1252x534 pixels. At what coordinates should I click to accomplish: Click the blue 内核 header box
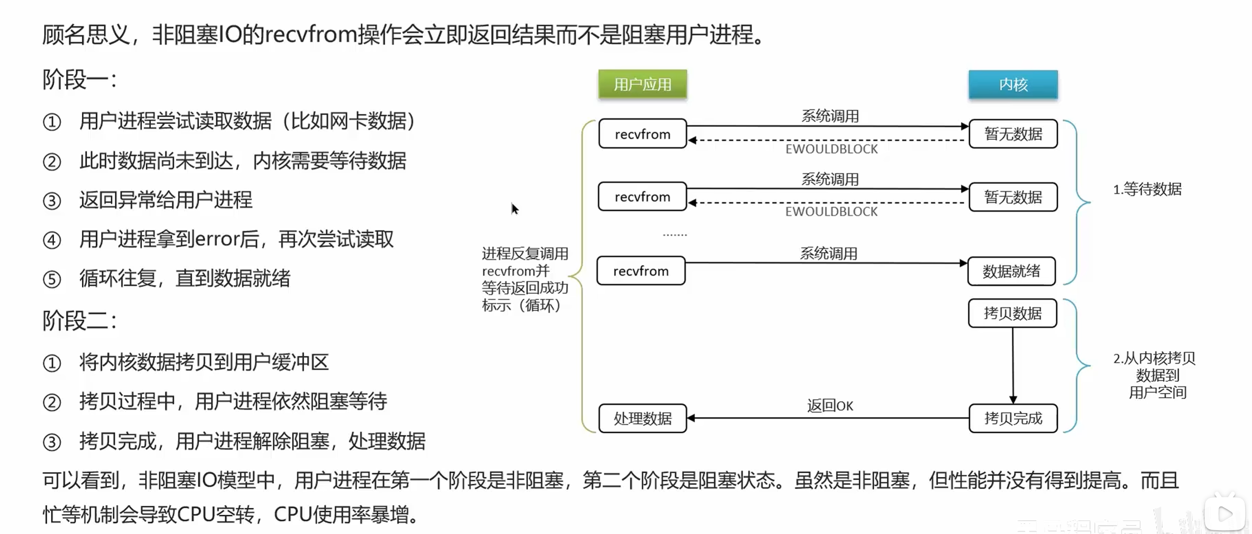pyautogui.click(x=1013, y=84)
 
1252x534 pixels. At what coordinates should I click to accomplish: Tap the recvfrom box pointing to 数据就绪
pyautogui.click(x=641, y=271)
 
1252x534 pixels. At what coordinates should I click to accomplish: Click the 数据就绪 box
pyautogui.click(x=1011, y=271)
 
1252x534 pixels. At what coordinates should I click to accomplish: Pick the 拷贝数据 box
pyautogui.click(x=1013, y=313)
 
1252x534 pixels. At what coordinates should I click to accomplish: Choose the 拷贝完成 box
pyautogui.click(x=1013, y=418)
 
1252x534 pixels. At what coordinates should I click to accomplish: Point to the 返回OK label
pyautogui.click(x=830, y=406)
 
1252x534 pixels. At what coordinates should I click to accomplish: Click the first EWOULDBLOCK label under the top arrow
pyautogui.click(x=832, y=149)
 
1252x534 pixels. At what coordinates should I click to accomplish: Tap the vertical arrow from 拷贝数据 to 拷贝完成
pyautogui.click(x=1013, y=365)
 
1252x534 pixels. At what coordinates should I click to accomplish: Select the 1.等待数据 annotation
pyautogui.click(x=1147, y=189)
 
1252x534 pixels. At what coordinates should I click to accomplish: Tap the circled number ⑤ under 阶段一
pyautogui.click(x=52, y=279)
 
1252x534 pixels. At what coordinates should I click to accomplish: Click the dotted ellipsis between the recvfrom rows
pyautogui.click(x=674, y=234)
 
